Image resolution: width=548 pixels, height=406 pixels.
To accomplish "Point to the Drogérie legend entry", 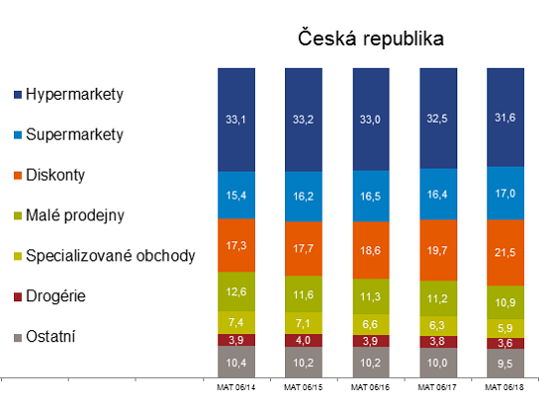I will click(56, 296).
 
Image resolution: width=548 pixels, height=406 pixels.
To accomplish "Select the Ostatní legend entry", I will click(53, 336).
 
